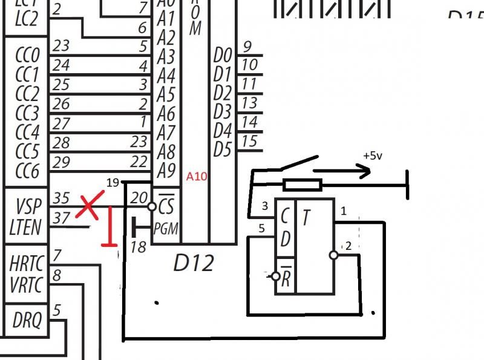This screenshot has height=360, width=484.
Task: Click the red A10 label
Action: click(x=197, y=177)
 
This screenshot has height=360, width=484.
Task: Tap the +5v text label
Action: click(x=373, y=155)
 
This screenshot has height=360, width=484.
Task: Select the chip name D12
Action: click(x=194, y=263)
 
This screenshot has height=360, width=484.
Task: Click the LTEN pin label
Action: click(x=25, y=227)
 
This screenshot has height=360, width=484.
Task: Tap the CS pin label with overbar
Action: click(x=165, y=206)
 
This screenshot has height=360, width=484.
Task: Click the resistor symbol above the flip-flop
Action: click(x=302, y=185)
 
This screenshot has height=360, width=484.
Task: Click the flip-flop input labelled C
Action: click(x=286, y=216)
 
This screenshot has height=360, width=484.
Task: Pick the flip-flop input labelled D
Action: click(x=286, y=238)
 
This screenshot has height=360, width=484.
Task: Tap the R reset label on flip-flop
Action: click(x=287, y=276)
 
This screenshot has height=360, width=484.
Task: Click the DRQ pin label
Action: click(x=26, y=321)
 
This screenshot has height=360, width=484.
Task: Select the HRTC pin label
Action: click(x=26, y=263)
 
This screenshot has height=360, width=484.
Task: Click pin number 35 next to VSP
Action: click(x=61, y=198)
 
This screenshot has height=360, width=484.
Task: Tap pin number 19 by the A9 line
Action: click(x=113, y=182)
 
